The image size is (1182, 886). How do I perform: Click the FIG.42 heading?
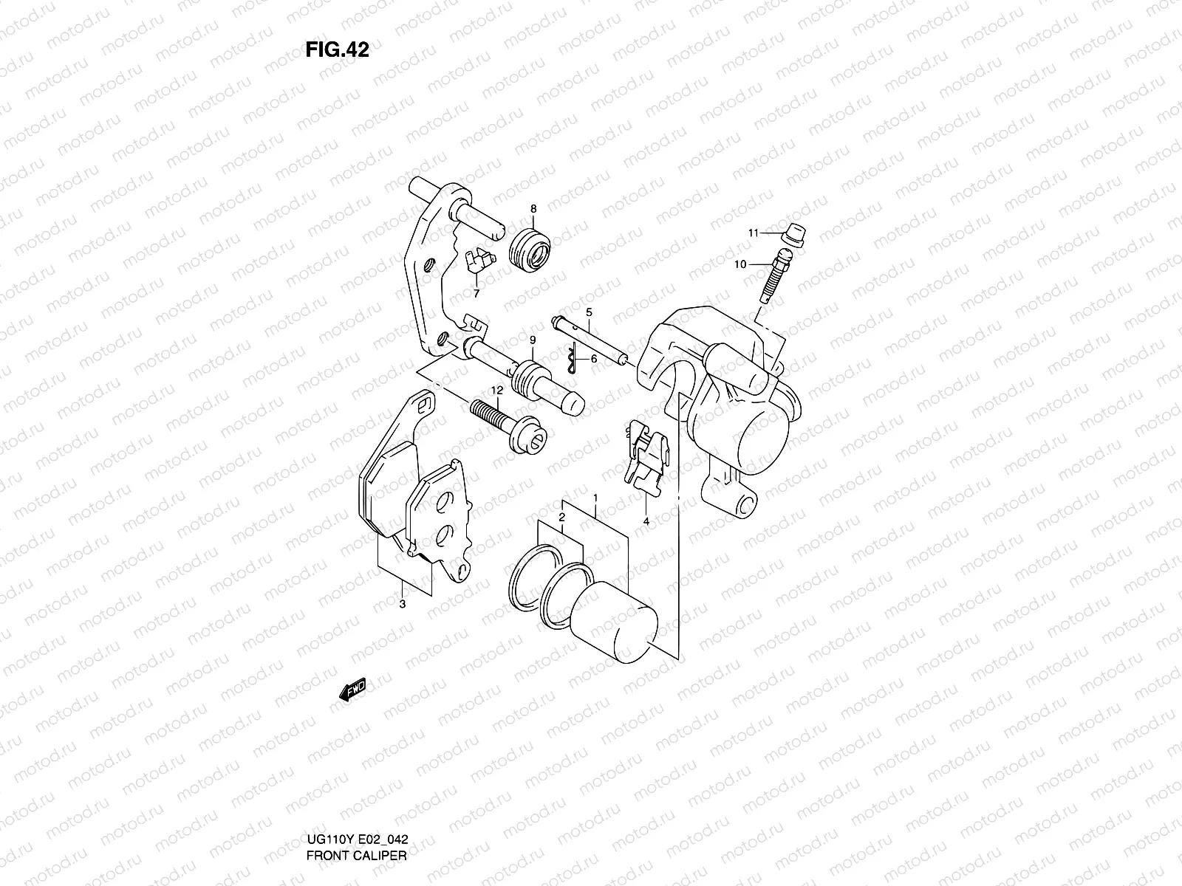[x=337, y=49]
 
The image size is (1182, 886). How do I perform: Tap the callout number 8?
[x=533, y=209]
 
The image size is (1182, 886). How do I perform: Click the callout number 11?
[x=754, y=233]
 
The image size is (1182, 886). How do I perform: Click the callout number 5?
[x=590, y=312]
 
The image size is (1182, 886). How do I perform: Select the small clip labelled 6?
[x=570, y=360]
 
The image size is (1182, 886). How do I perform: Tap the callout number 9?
[x=532, y=340]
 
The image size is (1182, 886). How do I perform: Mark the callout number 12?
[x=496, y=390]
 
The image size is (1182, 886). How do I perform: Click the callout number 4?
[x=646, y=521]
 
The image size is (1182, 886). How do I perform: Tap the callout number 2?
[x=561, y=518]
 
